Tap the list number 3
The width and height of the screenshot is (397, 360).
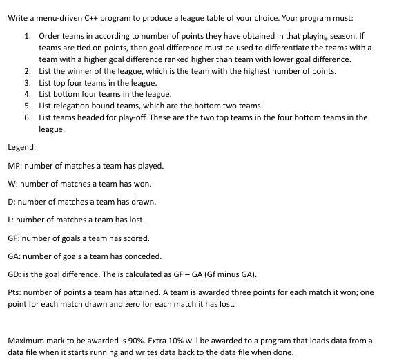pos(26,82)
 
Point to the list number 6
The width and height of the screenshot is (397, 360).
pos(26,117)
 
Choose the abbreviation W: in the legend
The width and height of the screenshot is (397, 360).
pos(13,184)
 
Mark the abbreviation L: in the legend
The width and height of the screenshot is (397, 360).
pos(12,220)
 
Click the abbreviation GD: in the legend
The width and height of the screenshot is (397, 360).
pos(15,274)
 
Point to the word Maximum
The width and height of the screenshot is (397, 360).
pos(27,341)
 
